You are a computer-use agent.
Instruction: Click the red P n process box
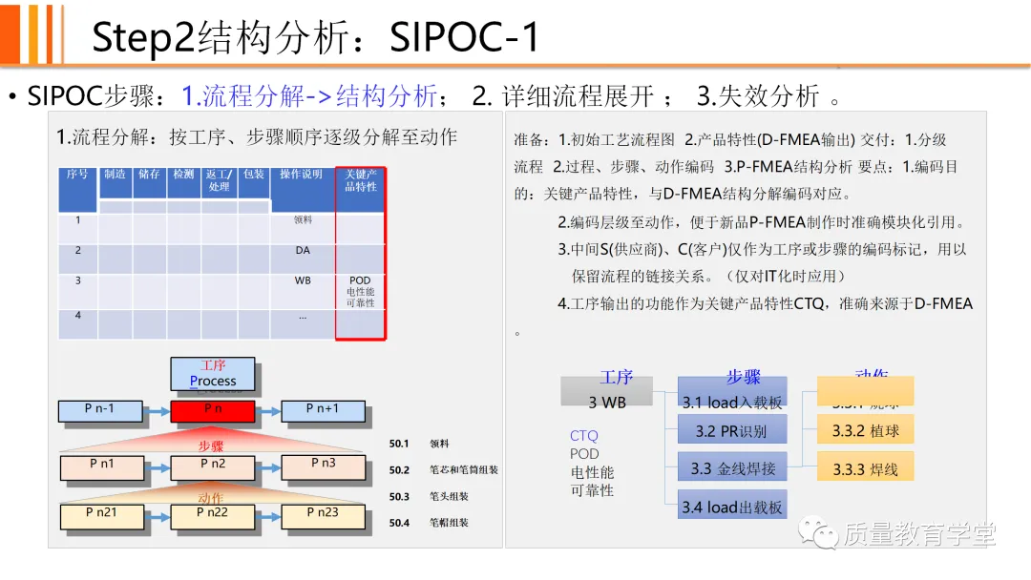pos(212,410)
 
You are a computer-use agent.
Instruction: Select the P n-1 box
pos(100,410)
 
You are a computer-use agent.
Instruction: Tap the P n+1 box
pos(323,410)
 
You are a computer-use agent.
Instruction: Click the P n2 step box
pos(212,466)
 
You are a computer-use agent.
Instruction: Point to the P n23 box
pos(323,516)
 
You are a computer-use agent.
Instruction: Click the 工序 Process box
pos(212,374)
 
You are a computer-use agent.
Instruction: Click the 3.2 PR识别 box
pos(732,430)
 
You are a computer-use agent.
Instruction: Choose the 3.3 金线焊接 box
pos(732,467)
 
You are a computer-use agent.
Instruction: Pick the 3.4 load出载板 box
pos(732,506)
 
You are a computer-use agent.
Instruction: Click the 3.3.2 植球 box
pos(865,430)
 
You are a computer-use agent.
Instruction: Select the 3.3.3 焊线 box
pos(865,467)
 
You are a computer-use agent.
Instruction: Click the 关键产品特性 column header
pos(360,181)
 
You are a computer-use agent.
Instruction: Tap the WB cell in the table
pos(303,281)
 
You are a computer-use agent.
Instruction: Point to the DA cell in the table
pos(303,251)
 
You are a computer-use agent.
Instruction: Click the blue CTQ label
pos(583,436)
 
